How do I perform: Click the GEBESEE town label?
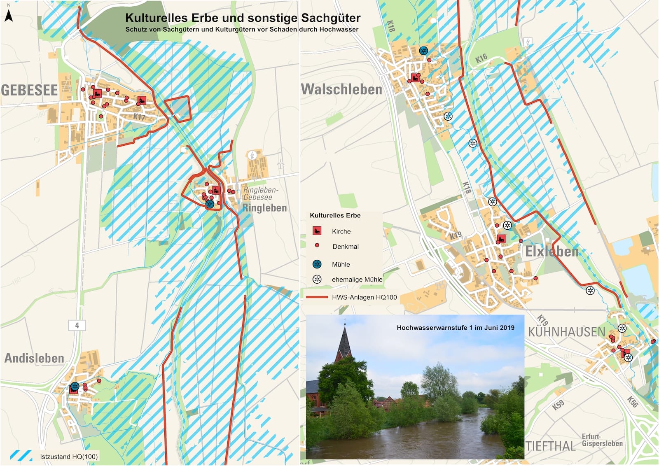click(30, 90)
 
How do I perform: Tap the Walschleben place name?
click(341, 89)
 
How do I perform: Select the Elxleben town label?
click(552, 251)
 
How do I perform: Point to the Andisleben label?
click(34, 358)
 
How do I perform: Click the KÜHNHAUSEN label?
click(566, 332)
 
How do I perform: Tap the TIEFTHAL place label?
click(550, 446)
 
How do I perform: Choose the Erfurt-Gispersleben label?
click(602, 440)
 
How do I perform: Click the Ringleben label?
click(264, 208)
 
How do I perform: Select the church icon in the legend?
click(317, 231)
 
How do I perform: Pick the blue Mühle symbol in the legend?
click(317, 264)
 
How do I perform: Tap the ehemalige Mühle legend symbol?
click(317, 279)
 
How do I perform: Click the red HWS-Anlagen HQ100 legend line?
click(317, 297)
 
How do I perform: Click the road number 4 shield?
click(77, 325)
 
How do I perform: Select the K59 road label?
click(558, 405)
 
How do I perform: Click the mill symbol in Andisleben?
click(74, 387)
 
